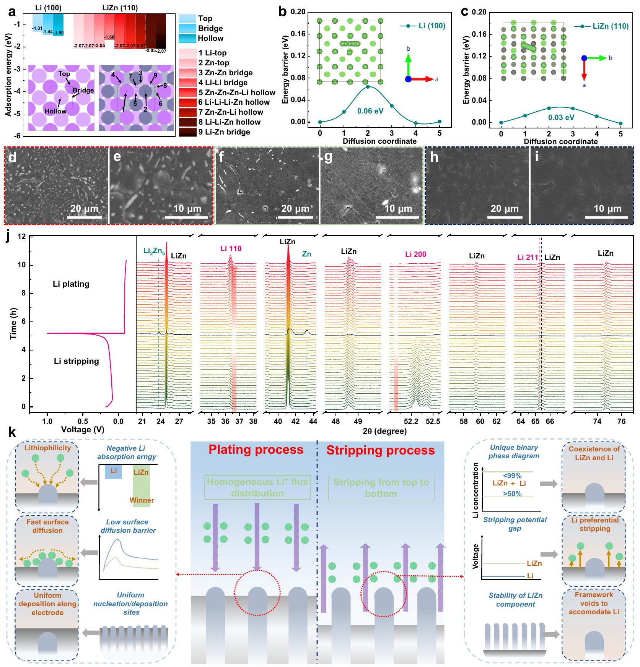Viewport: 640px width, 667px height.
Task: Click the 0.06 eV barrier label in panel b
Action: (370, 111)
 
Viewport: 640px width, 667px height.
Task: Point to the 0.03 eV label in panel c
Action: (561, 117)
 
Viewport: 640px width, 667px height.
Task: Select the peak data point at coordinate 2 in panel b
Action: (368, 87)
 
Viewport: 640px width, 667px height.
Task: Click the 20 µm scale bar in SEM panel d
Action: (85, 217)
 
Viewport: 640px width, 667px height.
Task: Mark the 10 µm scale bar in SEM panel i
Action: (607, 217)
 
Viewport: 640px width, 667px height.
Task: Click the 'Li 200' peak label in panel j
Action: (415, 254)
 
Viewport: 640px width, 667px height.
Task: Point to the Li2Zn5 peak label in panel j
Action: (154, 251)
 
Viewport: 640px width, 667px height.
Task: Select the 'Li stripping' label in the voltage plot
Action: (76, 361)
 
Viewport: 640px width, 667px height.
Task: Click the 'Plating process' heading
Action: (256, 450)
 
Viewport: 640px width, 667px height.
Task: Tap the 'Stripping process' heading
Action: (380, 451)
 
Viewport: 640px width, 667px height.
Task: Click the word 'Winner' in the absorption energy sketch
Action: (142, 500)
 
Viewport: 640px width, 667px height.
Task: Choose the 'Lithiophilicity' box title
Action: (47, 448)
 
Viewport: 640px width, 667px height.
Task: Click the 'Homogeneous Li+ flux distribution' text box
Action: (257, 487)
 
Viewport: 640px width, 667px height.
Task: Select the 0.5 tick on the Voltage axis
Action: (83, 421)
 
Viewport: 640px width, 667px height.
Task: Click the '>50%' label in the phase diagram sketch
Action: (512, 494)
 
